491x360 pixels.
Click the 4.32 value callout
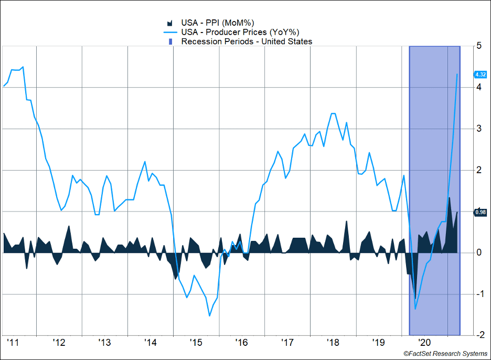480,75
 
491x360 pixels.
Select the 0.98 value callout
480,213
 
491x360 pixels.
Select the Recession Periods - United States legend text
247,41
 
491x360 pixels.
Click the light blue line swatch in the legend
169,32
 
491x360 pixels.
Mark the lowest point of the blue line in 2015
210,316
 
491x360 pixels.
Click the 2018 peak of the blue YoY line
333,113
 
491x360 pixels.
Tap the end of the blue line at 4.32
457,75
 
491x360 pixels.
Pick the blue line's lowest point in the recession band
415,309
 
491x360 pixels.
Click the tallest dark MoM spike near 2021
450,197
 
